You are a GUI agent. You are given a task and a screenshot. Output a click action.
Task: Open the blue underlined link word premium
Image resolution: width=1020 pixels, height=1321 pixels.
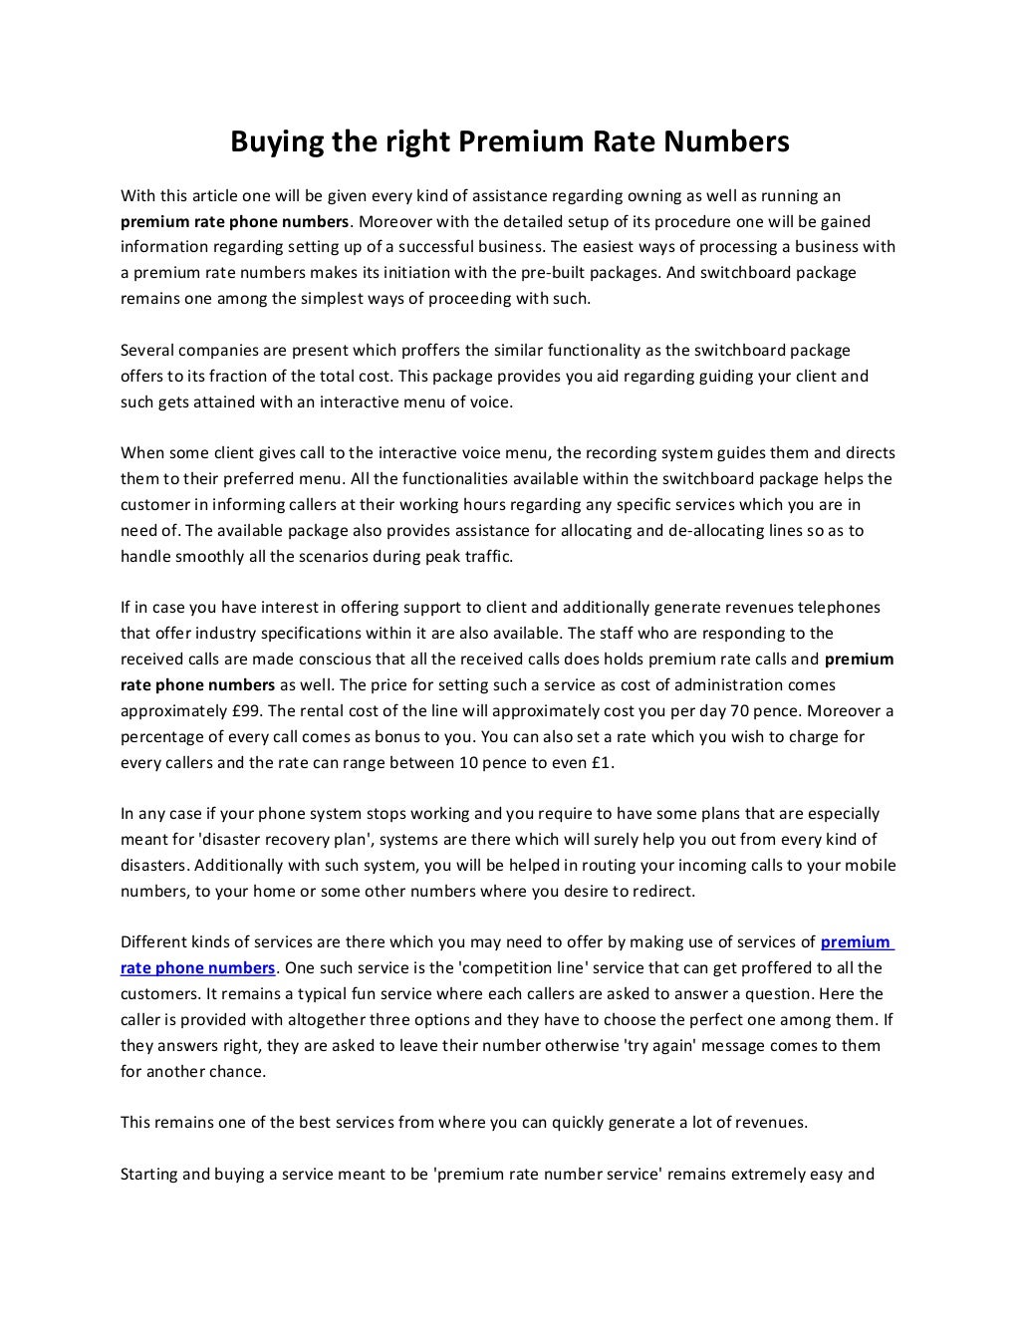[855, 941]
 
